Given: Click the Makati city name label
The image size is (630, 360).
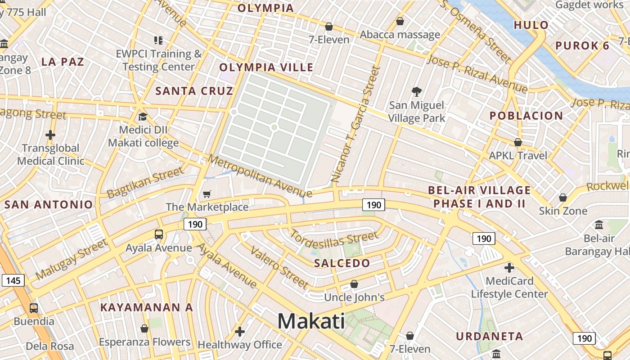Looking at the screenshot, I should point(311,321).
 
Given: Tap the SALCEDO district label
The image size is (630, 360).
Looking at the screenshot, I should point(342,263).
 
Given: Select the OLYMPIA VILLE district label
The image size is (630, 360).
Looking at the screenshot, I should point(266,67).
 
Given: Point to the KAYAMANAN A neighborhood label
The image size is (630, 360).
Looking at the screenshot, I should point(146,307).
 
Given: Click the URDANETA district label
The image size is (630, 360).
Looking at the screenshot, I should point(490,336).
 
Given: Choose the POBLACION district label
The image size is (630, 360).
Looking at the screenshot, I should point(526,116).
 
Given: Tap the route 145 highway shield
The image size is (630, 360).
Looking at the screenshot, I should point(13,281).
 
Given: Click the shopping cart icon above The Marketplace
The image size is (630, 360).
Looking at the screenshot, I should point(207,194).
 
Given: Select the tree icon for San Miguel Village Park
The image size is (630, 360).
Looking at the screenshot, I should point(417,92).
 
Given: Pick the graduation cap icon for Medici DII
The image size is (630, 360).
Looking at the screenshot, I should point(143,117).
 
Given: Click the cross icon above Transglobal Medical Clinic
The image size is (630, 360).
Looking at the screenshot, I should point(50,135).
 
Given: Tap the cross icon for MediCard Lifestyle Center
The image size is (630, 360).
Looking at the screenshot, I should point(509,268).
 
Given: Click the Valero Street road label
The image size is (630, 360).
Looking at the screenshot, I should point(279,267).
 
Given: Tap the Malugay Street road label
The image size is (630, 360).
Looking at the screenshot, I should point(72,259).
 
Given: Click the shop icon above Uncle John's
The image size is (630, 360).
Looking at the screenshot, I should point(354,284).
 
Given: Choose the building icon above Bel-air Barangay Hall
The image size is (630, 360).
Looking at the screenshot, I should point(599,225).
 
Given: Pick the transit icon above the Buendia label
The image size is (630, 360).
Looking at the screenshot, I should point(34,308).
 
